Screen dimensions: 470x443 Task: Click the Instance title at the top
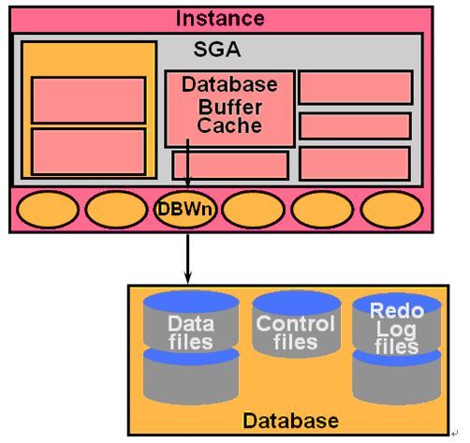[220, 19]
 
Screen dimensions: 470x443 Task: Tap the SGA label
[217, 49]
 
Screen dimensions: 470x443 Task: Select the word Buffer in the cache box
[230, 107]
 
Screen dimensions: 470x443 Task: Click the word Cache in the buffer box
[229, 126]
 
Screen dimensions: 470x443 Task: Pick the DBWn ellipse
[185, 209]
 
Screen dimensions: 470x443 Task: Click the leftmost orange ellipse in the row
[48, 210]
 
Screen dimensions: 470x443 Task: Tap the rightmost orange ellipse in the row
[391, 210]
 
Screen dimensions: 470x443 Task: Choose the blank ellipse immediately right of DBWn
[254, 210]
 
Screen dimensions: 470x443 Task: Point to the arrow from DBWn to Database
[187, 258]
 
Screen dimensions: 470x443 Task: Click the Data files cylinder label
[191, 332]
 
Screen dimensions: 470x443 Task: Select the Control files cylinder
[296, 324]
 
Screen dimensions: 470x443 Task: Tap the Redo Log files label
[397, 329]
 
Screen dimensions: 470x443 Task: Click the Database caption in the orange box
[290, 421]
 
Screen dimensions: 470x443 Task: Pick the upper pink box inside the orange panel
[89, 100]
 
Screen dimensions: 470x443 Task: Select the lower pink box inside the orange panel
[89, 152]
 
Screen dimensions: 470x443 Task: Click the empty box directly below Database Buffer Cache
[230, 166]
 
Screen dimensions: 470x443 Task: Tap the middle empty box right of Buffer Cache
[355, 126]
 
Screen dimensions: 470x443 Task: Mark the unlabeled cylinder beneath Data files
[191, 377]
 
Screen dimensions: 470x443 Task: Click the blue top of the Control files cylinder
[296, 302]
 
